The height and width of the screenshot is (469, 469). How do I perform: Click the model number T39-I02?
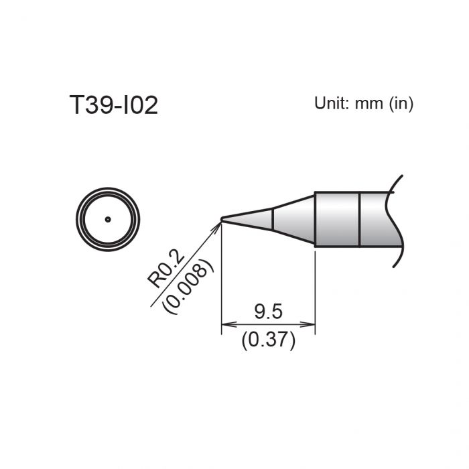point(113,105)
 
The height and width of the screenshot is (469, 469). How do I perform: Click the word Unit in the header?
point(328,104)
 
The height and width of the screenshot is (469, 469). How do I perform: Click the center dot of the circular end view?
point(107,219)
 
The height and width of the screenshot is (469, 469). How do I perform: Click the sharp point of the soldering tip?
point(222,218)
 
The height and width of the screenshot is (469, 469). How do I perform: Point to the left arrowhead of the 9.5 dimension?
point(225,325)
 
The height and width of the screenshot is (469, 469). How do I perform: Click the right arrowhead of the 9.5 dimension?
point(311,325)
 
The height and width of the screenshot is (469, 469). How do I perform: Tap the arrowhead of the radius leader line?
point(217,226)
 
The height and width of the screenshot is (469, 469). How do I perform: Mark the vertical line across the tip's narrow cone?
point(272,220)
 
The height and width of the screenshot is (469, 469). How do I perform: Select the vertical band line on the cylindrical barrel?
point(360,220)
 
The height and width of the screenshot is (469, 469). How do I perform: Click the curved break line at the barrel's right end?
point(398,221)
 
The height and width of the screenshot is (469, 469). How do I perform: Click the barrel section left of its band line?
point(337,220)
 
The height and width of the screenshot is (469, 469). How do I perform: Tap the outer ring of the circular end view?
point(78,219)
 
